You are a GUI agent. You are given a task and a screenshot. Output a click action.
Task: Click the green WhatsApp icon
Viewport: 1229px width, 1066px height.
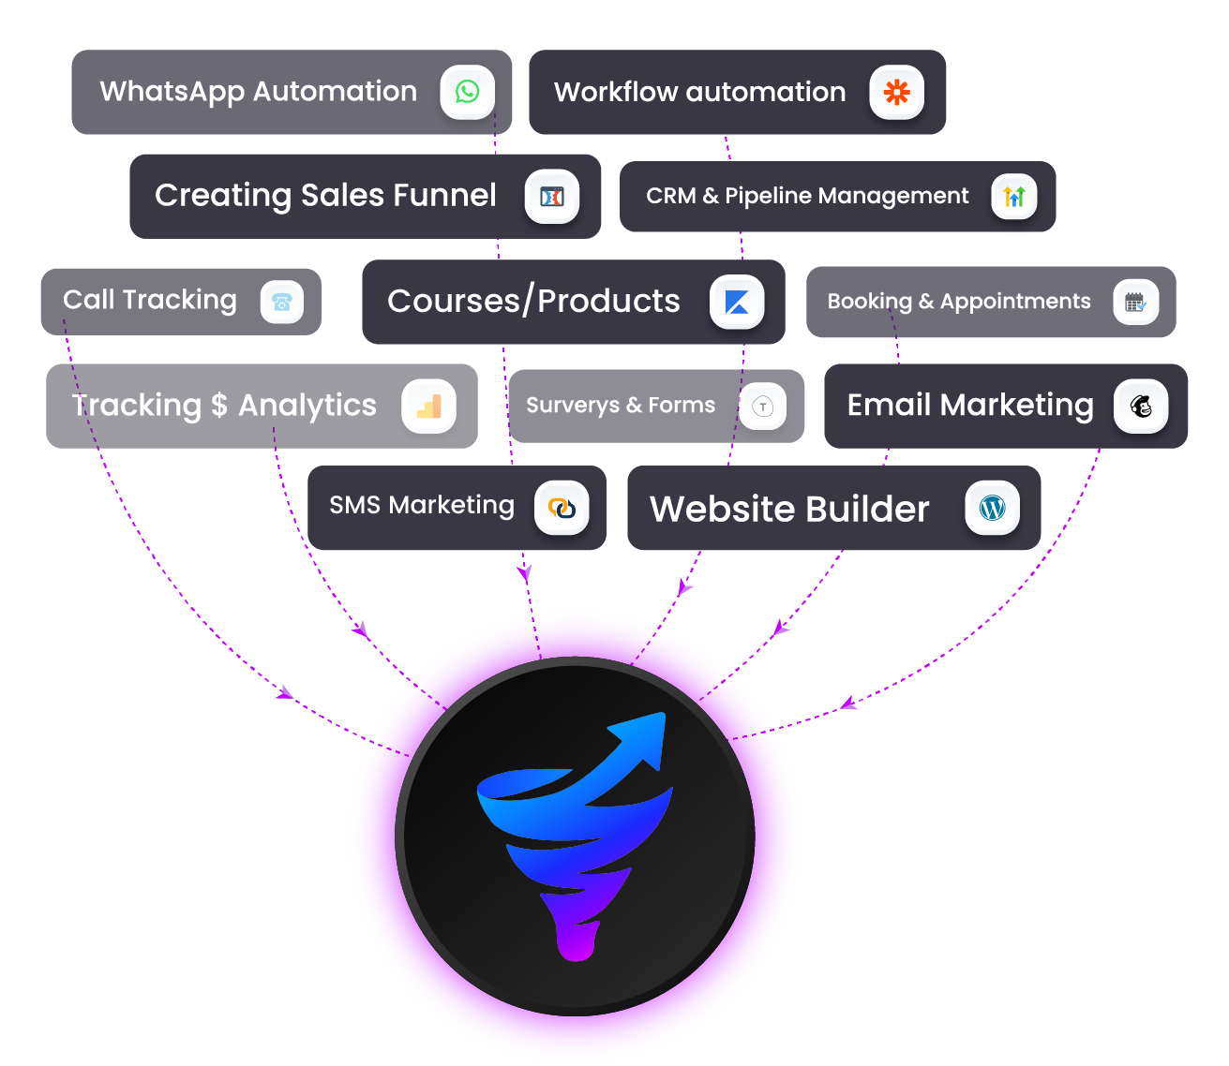[x=467, y=92]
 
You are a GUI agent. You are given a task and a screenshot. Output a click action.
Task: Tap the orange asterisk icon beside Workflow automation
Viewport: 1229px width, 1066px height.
[x=896, y=92]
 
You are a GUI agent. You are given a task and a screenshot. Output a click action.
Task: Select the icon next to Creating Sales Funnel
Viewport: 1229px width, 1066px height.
[x=552, y=197]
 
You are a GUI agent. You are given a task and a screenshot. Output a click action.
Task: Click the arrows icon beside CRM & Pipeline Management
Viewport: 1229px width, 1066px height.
[x=1014, y=197]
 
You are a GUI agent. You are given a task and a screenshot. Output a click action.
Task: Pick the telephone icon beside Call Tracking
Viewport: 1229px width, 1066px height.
[x=281, y=302]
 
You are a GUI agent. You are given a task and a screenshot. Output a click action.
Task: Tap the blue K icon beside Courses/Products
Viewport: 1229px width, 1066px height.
[x=737, y=302]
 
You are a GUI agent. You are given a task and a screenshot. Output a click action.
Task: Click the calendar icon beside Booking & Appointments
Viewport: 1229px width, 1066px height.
[x=1135, y=302]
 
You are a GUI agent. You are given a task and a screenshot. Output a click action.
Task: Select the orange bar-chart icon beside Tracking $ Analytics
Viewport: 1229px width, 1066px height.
[x=428, y=407]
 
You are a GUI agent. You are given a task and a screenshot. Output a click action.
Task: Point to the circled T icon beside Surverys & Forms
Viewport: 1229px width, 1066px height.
[x=763, y=407]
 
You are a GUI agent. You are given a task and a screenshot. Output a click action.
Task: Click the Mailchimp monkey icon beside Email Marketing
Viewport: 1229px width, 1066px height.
[x=1141, y=407]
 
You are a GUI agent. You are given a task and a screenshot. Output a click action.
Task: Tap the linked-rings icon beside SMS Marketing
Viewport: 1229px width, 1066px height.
[x=562, y=509]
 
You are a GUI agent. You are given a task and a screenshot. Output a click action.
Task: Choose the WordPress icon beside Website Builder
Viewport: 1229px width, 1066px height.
[x=992, y=508]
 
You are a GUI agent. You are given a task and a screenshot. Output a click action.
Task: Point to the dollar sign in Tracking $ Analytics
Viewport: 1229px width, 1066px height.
[x=219, y=406]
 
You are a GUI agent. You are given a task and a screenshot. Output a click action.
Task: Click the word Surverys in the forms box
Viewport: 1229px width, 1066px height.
[x=572, y=406]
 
